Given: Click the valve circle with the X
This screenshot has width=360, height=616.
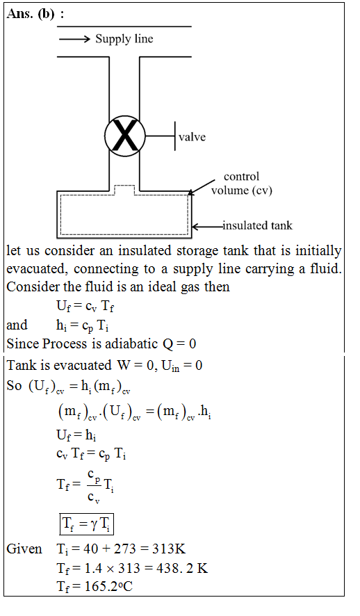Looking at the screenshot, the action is [125, 136].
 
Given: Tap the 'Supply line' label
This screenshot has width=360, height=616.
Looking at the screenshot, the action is [124, 39].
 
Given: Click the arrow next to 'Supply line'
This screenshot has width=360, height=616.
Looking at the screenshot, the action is [74, 39].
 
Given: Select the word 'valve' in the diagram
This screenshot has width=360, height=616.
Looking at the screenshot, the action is [192, 137].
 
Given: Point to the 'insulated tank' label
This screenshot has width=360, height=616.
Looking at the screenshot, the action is [258, 225].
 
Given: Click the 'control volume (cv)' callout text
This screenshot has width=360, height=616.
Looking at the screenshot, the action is [241, 184].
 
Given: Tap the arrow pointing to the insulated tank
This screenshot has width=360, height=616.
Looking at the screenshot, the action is [207, 226].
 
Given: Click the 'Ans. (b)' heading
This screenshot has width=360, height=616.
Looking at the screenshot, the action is [35, 14].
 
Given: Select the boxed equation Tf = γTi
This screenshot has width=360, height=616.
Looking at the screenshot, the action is [87, 524].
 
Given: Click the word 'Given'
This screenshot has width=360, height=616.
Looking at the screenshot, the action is [24, 549].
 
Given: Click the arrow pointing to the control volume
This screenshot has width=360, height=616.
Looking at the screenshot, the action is [202, 187].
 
